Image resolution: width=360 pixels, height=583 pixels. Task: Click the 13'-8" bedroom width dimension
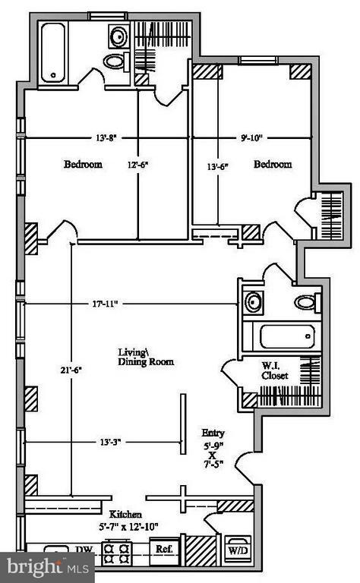tap(106, 138)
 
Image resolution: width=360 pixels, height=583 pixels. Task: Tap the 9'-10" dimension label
tap(251, 138)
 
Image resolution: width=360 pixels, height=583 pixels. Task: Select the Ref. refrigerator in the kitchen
tap(163, 548)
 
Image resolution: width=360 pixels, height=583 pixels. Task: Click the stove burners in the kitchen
tap(118, 553)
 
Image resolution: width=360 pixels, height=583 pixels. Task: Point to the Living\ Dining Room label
tap(146, 356)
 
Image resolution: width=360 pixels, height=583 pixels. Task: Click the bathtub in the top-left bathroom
tap(53, 52)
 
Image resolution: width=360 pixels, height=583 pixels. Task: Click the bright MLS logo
tap(46, 566)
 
